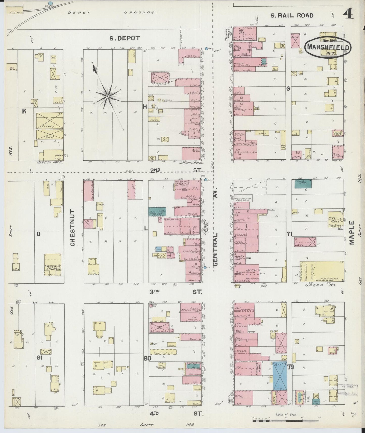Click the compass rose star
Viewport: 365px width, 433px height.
(x=108, y=97)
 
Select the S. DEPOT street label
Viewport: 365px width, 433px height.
(x=125, y=38)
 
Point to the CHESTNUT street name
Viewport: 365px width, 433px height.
(x=72, y=228)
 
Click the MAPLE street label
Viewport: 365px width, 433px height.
(x=352, y=233)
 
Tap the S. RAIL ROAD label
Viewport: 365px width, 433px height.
(x=292, y=15)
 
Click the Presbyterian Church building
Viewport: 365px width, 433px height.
(x=53, y=265)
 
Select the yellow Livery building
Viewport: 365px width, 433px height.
(x=50, y=121)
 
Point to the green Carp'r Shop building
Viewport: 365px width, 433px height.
(x=303, y=183)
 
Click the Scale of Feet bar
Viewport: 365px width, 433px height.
(x=286, y=418)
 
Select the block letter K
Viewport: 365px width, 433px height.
(x=24, y=111)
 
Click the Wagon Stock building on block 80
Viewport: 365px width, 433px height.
(x=163, y=352)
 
